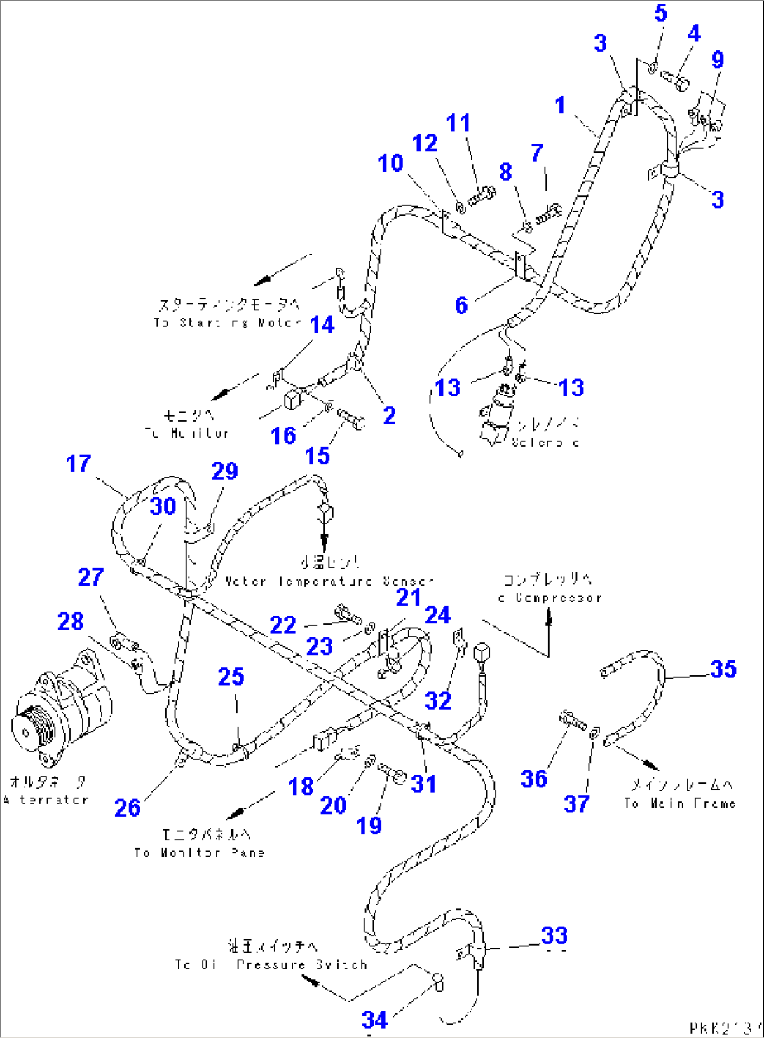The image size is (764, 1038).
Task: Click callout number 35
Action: coord(723,669)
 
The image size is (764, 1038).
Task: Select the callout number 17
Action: coord(79,464)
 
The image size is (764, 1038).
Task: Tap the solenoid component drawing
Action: coord(498,417)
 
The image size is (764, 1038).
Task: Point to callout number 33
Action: coord(554,936)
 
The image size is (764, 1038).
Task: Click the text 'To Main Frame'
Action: coord(680,803)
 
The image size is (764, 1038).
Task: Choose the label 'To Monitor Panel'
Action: coord(200,852)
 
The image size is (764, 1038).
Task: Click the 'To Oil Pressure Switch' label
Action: coord(271,964)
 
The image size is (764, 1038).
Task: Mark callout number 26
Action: coord(127,808)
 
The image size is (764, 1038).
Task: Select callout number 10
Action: coord(390,163)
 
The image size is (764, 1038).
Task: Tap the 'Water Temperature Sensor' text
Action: coord(329,581)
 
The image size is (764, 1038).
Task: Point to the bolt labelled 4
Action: coord(677,81)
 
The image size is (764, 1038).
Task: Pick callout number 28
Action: coord(70,621)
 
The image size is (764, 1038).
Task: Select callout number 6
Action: coord(461,305)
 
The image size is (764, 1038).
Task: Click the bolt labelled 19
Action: coord(393,775)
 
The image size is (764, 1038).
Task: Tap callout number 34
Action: coord(374,1020)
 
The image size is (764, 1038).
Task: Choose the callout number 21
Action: coord(408,597)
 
